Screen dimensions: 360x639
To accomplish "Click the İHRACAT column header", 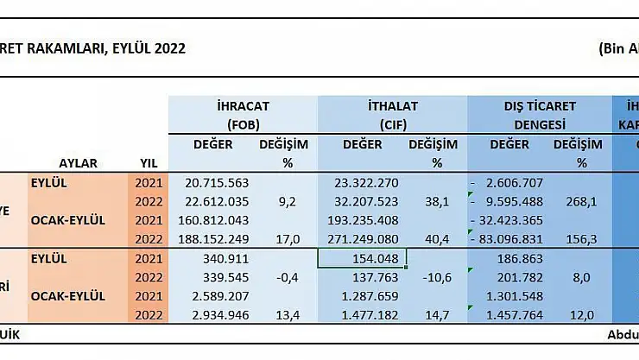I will point(244,105).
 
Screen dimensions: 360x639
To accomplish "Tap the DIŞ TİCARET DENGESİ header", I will point(541,105).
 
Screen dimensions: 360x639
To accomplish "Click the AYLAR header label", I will point(79,163).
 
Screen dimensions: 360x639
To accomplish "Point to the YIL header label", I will point(149,163).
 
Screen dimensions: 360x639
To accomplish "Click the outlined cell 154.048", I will point(362,258).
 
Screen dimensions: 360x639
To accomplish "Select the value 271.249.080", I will point(367,239).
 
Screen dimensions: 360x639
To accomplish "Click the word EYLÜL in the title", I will point(129,48).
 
